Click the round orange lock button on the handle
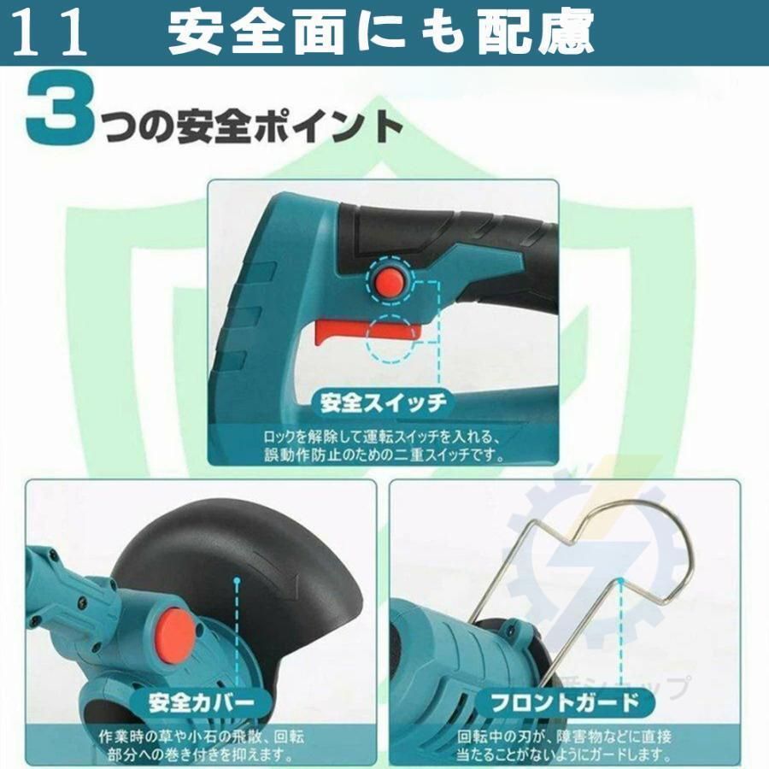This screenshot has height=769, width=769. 390,279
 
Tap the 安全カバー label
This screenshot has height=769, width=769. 202,703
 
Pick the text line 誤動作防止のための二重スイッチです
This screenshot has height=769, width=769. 384,455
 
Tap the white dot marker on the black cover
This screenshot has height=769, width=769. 238,580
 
